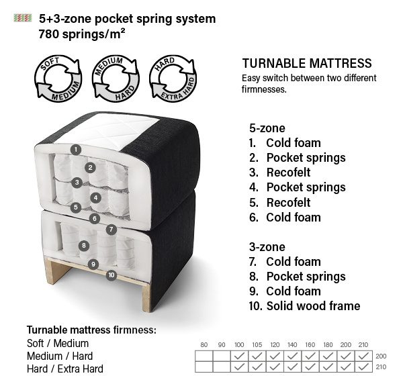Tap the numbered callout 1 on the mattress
76,149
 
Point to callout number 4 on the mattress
96,197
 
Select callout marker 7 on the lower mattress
111,229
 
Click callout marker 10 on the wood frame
111,275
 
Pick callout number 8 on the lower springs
84,246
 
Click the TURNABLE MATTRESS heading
306,64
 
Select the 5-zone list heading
267,128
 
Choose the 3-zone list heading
267,247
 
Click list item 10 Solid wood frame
304,306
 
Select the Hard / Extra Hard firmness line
65,369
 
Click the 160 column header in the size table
310,344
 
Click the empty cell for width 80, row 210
204,367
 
